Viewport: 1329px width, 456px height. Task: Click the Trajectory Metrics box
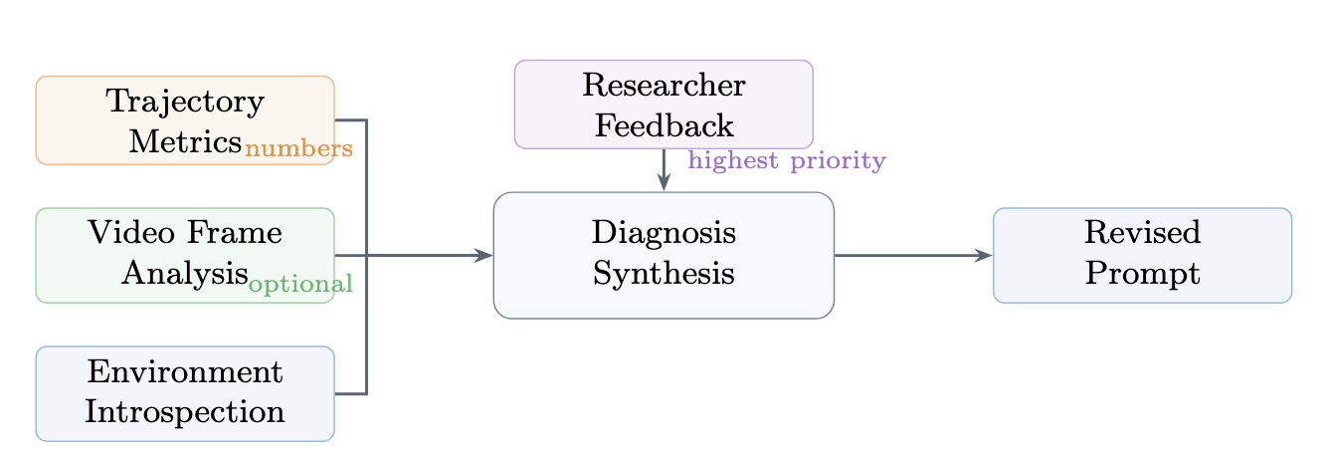point(185,119)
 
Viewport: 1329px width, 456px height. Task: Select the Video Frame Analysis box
point(185,255)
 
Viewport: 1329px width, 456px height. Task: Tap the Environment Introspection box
point(185,393)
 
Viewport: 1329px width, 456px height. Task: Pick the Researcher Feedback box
point(664,104)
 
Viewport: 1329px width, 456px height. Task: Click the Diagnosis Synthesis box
point(664,255)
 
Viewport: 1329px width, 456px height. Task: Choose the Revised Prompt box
point(1142,255)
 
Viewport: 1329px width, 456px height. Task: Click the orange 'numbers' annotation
point(298,149)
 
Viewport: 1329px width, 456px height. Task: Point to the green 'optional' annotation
point(300,285)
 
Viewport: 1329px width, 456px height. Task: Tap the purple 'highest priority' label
point(786,160)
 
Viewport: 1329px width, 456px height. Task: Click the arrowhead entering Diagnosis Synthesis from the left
point(485,255)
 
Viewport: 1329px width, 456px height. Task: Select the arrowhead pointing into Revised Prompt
point(985,255)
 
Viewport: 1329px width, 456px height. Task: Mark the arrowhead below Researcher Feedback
point(664,183)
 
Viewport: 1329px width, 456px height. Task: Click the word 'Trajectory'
point(185,102)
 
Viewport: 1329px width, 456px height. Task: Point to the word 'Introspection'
point(185,411)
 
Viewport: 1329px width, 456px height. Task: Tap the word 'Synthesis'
point(664,273)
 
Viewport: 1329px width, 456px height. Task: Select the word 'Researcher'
point(664,86)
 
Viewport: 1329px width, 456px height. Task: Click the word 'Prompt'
point(1142,273)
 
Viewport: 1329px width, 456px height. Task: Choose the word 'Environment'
point(185,373)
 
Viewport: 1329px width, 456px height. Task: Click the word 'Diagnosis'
point(664,234)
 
